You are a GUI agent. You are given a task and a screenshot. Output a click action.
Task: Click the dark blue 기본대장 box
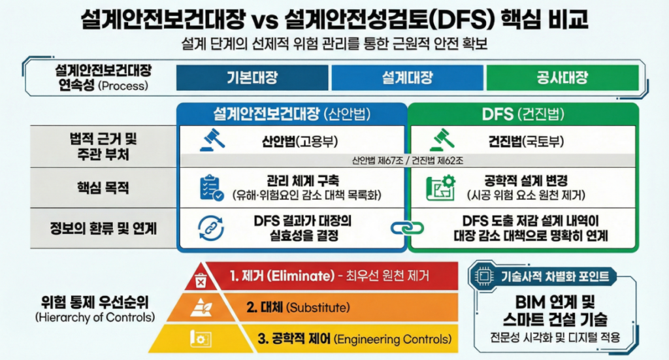point(252,78)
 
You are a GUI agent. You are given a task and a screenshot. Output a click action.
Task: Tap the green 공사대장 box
point(561,78)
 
